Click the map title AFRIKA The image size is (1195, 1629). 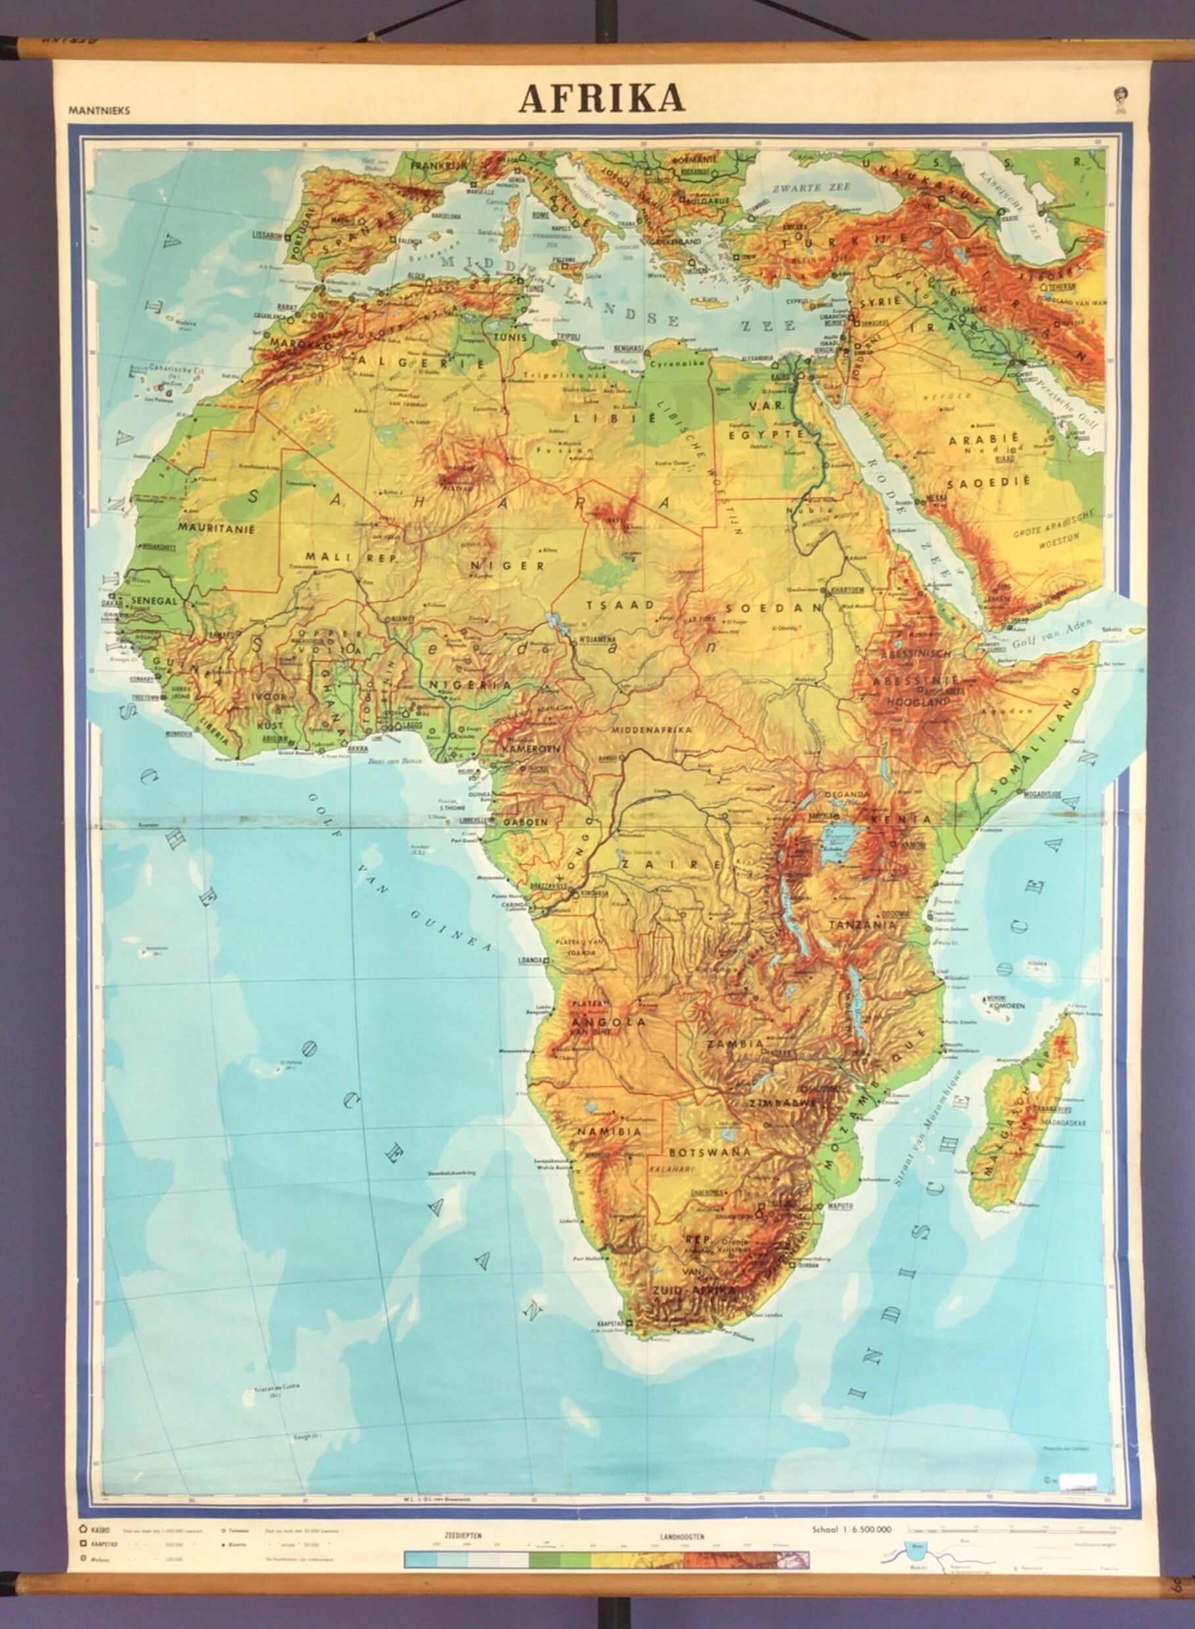[602, 100]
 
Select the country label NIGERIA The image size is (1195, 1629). [472, 684]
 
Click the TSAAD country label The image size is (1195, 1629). [609, 604]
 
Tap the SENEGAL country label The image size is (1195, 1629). [154, 600]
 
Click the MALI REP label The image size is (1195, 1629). [336, 556]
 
